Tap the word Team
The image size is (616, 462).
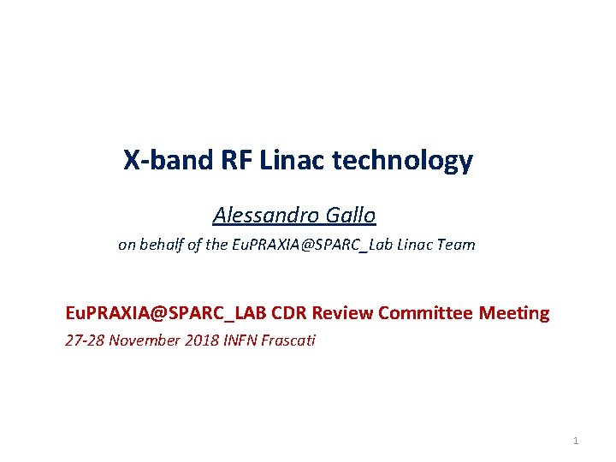point(456,245)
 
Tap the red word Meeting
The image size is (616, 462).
point(514,313)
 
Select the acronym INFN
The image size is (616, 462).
point(239,341)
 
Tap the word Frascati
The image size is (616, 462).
point(287,341)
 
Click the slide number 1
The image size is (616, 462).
point(576,441)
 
